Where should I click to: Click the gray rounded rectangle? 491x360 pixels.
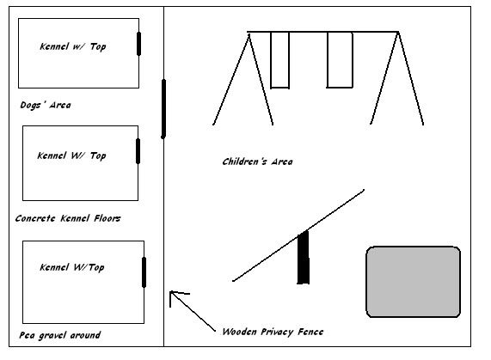(x=413, y=282)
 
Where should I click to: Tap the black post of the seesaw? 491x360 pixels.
(x=304, y=258)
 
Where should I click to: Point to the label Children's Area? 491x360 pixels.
(x=257, y=162)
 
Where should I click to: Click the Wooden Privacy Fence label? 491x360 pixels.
(x=273, y=332)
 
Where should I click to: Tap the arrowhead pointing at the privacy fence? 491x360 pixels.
(x=171, y=292)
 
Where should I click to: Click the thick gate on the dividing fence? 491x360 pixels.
(x=163, y=109)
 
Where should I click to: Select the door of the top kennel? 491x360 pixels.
(x=138, y=44)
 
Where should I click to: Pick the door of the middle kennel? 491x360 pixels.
(x=138, y=151)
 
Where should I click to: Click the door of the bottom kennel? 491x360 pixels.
(x=144, y=272)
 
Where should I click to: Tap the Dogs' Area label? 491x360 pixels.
(x=46, y=105)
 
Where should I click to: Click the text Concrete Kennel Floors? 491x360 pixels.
(x=68, y=218)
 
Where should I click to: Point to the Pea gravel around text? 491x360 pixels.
(x=60, y=335)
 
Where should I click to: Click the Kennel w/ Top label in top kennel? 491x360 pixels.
(x=72, y=46)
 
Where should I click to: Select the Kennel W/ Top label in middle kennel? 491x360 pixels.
(x=71, y=156)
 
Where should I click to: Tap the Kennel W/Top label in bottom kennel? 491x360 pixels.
(x=72, y=267)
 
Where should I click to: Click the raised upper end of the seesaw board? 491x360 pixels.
(x=363, y=190)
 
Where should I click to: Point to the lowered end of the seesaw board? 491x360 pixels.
(x=234, y=281)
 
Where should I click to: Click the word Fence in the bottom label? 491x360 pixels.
(x=310, y=332)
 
